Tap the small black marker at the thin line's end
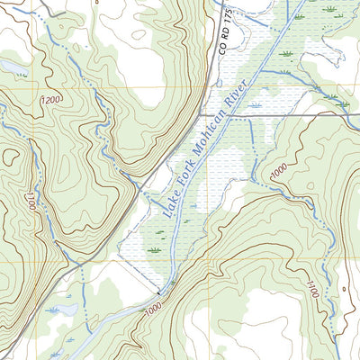[159, 293]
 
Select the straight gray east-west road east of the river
[306, 115]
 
